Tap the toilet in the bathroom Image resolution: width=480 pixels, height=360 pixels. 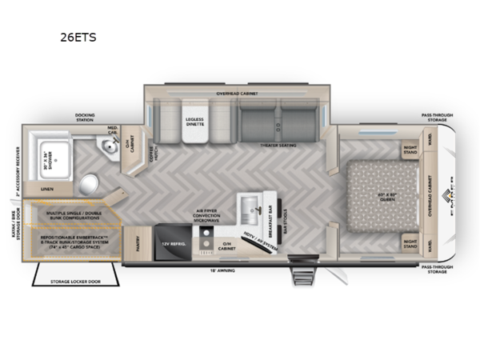pos(89,180)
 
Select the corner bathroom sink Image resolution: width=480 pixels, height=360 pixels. pos(104,146)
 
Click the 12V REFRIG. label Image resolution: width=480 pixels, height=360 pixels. pos(171,242)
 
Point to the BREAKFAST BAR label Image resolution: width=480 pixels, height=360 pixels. pos(273,210)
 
